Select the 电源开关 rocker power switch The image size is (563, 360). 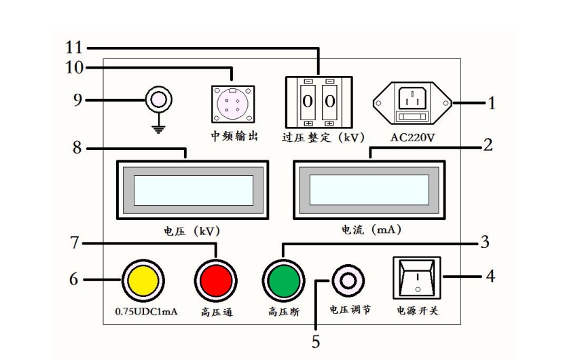point(416,278)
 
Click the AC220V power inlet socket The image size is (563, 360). point(412,103)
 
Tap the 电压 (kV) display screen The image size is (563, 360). point(193,190)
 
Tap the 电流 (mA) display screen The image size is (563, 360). point(369,190)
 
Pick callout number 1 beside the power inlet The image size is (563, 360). point(492,103)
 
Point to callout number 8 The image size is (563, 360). point(78,147)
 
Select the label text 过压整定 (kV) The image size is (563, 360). point(319,136)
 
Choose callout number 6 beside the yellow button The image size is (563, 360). point(74,279)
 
